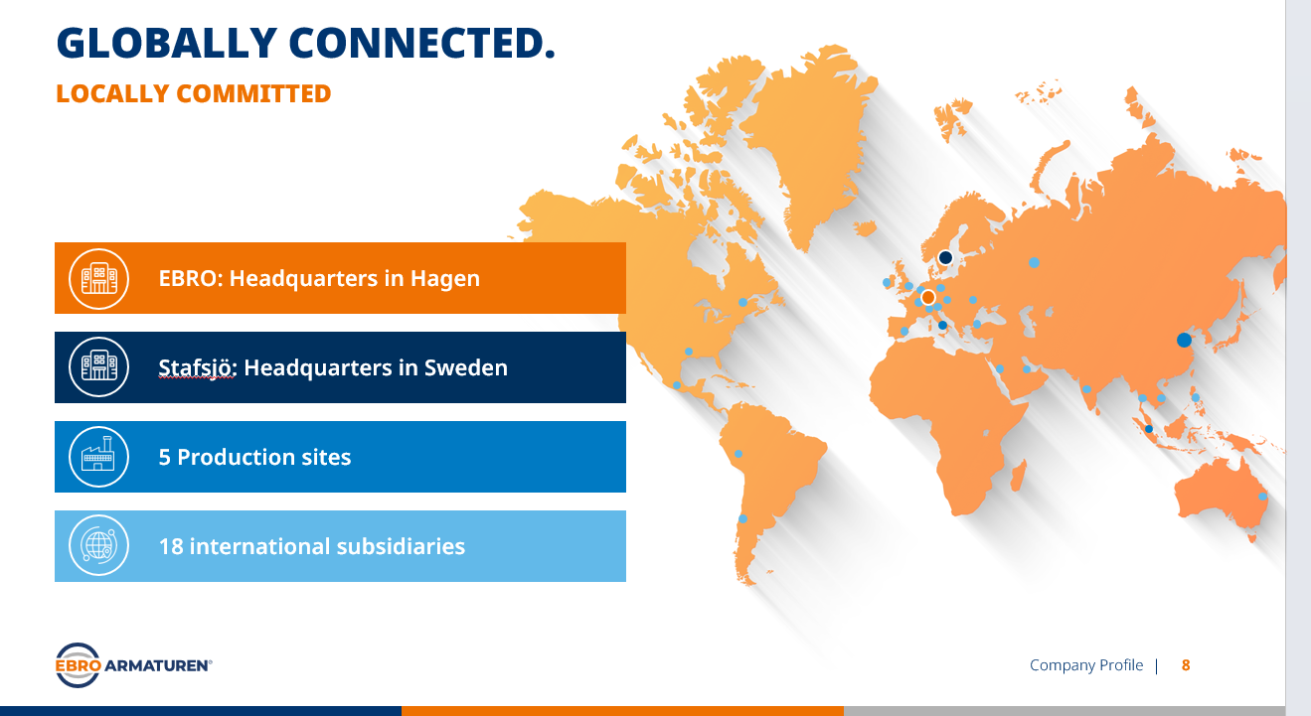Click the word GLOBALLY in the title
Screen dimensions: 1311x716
click(167, 44)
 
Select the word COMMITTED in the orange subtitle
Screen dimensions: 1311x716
click(253, 93)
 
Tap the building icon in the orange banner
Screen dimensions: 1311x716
click(98, 278)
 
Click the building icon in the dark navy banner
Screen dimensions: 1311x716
click(98, 367)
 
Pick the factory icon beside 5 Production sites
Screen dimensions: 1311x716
click(98, 457)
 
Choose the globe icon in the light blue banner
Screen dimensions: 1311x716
click(98, 546)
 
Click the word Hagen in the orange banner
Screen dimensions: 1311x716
click(445, 279)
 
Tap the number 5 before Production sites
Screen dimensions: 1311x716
click(164, 458)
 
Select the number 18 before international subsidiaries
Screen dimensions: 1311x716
click(171, 546)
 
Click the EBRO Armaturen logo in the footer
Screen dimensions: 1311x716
click(133, 665)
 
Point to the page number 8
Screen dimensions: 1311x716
click(1186, 665)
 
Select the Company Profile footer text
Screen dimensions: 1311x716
click(1086, 665)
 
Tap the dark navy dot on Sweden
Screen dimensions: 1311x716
click(945, 257)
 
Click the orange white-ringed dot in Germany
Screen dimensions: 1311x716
click(928, 298)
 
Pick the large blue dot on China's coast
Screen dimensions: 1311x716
click(1184, 340)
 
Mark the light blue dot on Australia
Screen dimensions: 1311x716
click(1262, 497)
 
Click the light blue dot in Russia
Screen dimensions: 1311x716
click(1034, 262)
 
